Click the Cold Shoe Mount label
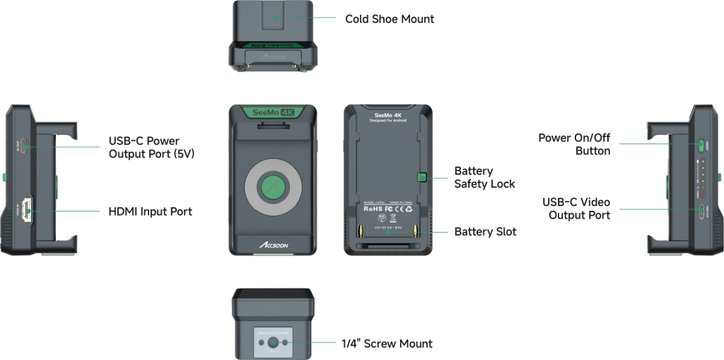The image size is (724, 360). tap(389, 18)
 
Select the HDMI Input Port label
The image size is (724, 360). tap(150, 211)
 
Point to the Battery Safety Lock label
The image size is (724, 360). tap(484, 178)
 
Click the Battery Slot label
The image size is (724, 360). tap(485, 232)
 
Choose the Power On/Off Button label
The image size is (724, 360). tap(573, 144)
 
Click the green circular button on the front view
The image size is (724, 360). tap(273, 187)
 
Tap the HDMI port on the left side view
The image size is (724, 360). tap(26, 210)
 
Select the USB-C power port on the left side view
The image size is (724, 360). tap(23, 146)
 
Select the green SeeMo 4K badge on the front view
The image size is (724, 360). tap(273, 112)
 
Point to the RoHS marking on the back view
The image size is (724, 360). tap(373, 209)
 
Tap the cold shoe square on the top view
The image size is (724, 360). tap(274, 15)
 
